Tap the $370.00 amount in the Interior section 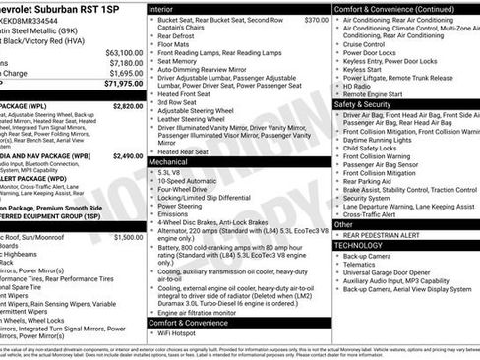pyautogui.click(x=317, y=20)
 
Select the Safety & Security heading pyautogui.click(x=368, y=103)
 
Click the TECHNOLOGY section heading pyautogui.click(x=364, y=245)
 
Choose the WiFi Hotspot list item pyautogui.click(x=182, y=334)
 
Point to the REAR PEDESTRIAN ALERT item pyautogui.click(x=386, y=235)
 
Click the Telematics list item pyautogui.click(x=360, y=265)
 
